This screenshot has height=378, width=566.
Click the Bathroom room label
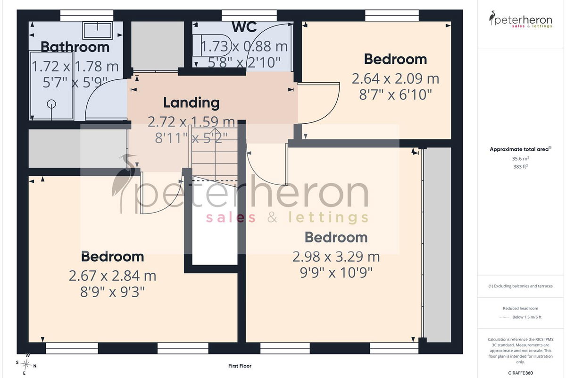coord(75,47)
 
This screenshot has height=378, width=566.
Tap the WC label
coord(244,27)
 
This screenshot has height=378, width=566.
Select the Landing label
coord(191,103)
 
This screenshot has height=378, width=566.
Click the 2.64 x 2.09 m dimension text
coord(395,78)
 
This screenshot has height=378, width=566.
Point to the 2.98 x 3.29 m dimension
coord(336,257)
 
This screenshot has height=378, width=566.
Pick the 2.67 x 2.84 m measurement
coord(112,276)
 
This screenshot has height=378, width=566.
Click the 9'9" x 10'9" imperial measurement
coord(336,273)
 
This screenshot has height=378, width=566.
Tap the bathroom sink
coord(98,30)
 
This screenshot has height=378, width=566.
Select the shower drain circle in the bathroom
coord(51,104)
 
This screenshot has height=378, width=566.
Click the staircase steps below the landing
coord(215,154)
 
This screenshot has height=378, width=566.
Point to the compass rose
coord(26,365)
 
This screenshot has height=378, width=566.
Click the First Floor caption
coord(240,366)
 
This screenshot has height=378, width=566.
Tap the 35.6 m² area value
coord(521,159)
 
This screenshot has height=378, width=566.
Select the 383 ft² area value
coord(521,167)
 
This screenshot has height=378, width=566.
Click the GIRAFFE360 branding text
coord(521,373)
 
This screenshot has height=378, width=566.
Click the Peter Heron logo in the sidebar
coord(521,19)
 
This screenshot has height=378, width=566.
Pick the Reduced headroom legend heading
coord(521,309)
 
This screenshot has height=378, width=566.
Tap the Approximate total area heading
coord(521,149)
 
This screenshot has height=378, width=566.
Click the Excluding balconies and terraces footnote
coord(521,286)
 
